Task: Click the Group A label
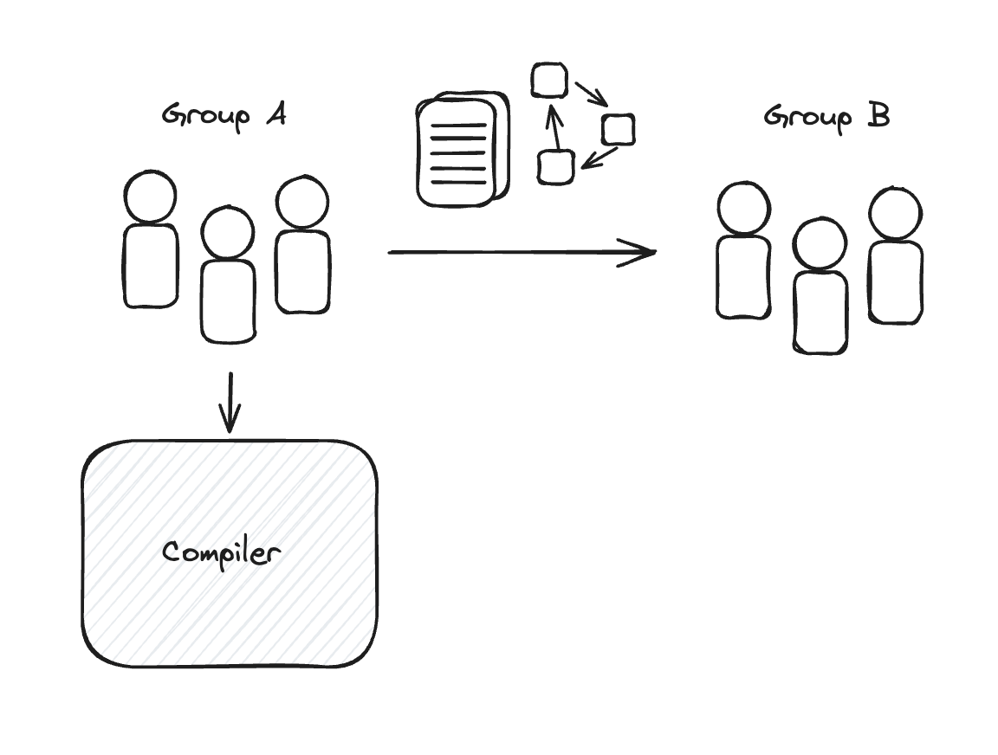224,115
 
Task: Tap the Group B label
826,117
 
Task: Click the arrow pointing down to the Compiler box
229,403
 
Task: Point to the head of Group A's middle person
228,233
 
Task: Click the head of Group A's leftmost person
151,197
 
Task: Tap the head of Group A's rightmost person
302,203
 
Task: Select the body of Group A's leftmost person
151,265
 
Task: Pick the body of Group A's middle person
229,300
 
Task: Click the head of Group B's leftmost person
744,209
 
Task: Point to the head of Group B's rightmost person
895,213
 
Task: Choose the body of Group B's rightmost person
896,282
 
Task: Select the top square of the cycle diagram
549,81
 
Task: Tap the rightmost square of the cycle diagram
618,129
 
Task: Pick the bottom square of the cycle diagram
555,166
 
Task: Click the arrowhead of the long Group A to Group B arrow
645,252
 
